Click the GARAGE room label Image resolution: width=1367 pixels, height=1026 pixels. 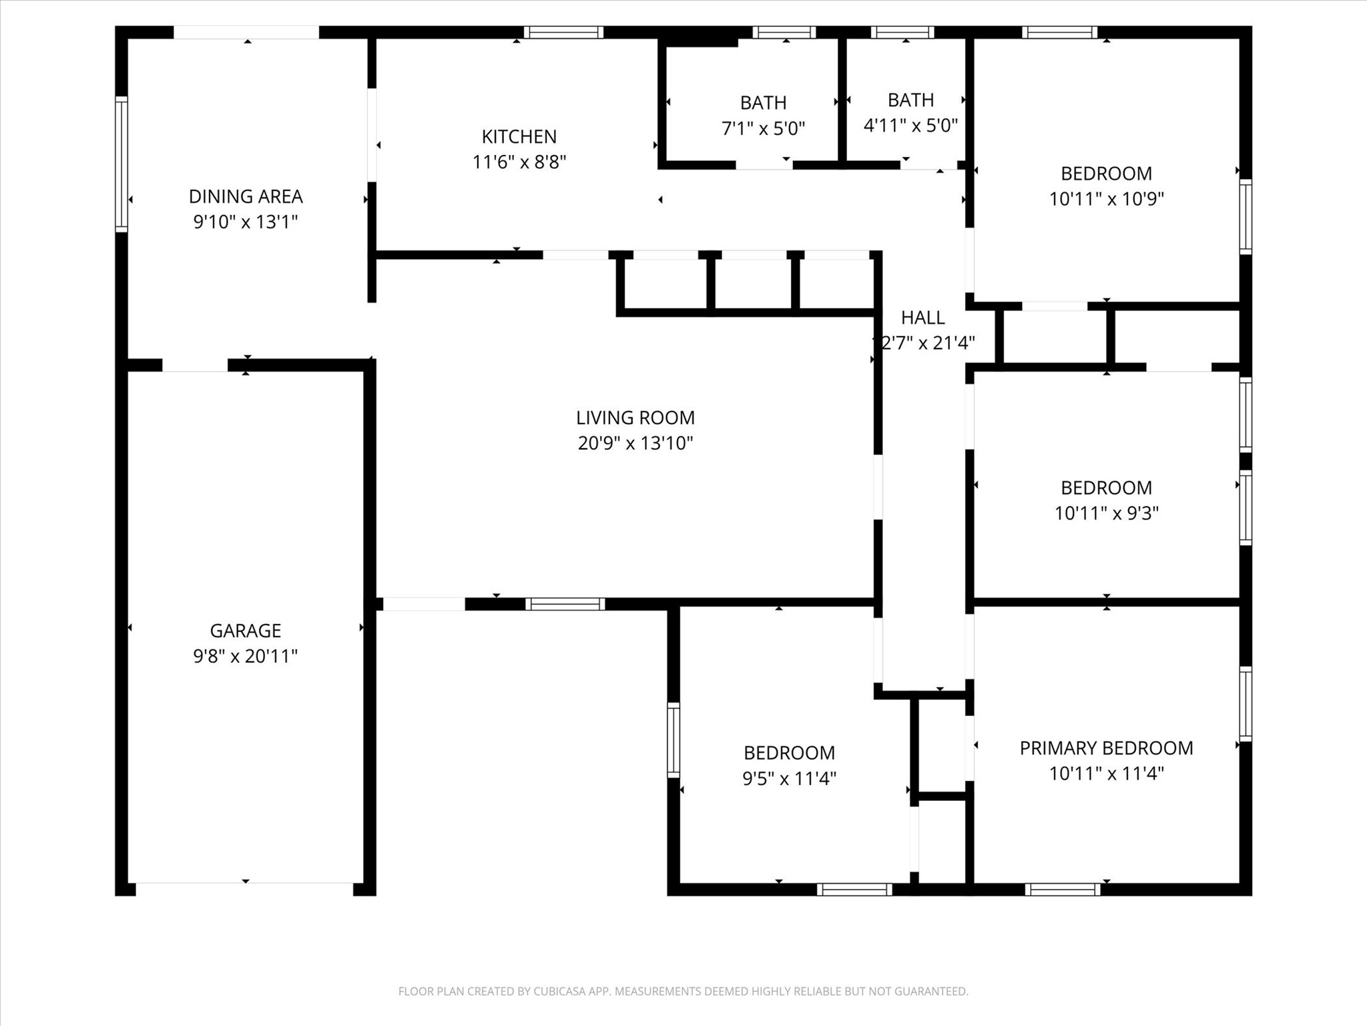[x=246, y=631]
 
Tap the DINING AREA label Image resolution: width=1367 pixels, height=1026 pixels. [x=246, y=196]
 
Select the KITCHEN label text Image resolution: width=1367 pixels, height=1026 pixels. [x=519, y=136]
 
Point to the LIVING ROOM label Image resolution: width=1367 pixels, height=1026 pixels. [x=635, y=417]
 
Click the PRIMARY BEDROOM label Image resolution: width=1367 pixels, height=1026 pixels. [x=1107, y=748]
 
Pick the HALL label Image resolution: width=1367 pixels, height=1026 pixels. [x=923, y=317]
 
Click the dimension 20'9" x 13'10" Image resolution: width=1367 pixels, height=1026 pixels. [x=635, y=443]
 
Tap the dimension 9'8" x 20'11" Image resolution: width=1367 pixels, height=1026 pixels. [x=246, y=656]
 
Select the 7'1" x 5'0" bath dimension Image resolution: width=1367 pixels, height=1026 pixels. [x=764, y=128]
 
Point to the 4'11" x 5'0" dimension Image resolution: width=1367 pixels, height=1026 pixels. [x=911, y=125]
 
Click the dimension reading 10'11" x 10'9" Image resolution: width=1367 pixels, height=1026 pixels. [x=1107, y=198]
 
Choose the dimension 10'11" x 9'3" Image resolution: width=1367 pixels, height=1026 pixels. [x=1107, y=513]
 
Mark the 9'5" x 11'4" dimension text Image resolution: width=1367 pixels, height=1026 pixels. [x=790, y=778]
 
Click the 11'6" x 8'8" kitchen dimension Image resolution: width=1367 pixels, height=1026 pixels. [x=519, y=162]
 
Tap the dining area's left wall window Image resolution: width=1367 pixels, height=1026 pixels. [x=121, y=164]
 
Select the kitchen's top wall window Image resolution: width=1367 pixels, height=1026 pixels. [x=563, y=32]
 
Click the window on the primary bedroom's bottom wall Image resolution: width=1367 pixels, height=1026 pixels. [x=1063, y=889]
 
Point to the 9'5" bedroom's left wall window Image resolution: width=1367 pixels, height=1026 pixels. [x=673, y=740]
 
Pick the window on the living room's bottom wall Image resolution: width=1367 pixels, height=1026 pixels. [x=565, y=604]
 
